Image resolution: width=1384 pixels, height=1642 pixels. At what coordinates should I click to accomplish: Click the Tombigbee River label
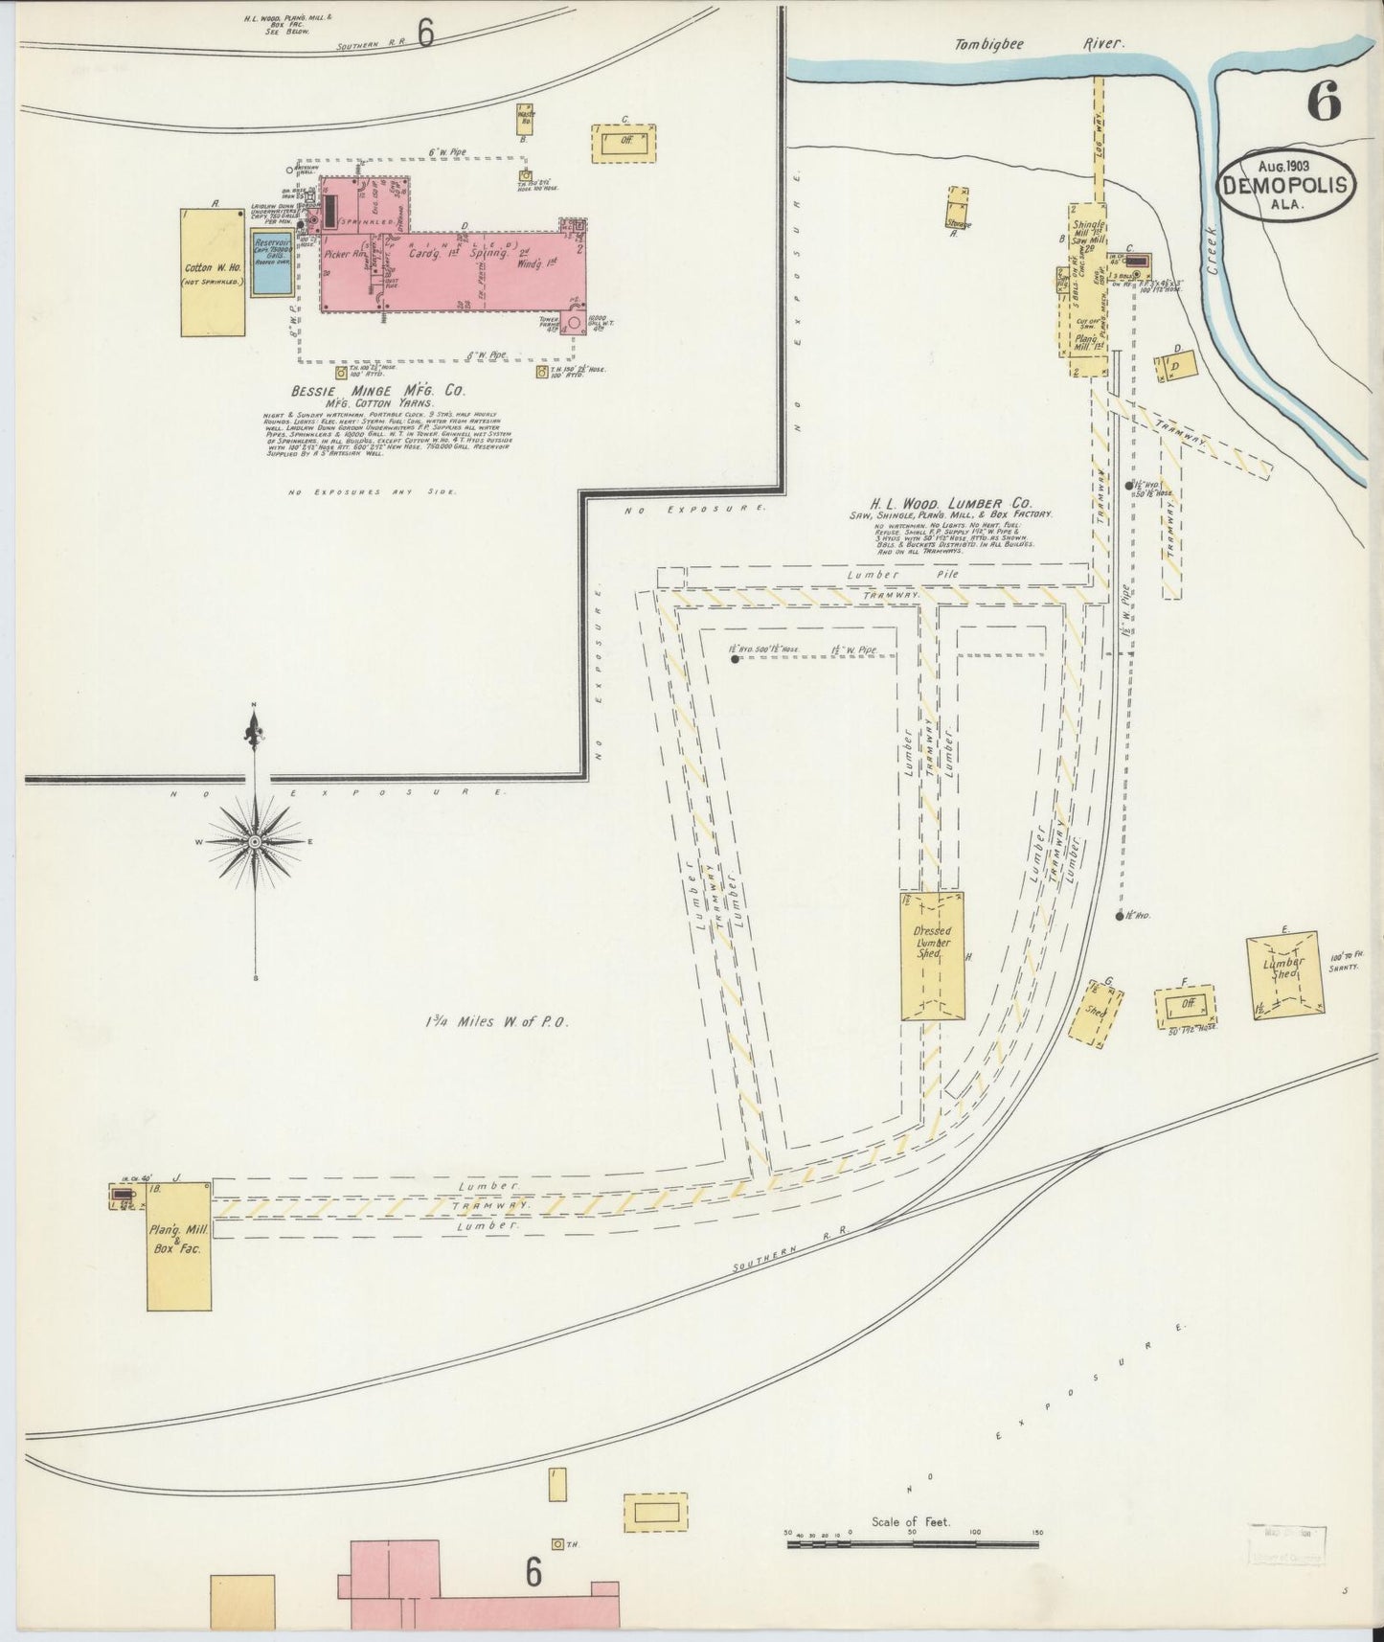(1038, 44)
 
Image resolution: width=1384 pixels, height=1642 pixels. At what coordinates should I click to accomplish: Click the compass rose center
(255, 841)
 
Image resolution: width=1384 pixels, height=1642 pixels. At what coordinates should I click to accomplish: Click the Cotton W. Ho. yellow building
(213, 273)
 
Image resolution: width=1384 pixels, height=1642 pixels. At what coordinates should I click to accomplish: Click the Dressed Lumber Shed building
(932, 955)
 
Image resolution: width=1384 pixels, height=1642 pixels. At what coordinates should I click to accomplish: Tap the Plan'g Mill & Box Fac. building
(178, 1245)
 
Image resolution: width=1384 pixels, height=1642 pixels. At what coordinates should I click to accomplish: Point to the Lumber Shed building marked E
(1284, 975)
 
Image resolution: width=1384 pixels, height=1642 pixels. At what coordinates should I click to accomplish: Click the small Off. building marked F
(1187, 1004)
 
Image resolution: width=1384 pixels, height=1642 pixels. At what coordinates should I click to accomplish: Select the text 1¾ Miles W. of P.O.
(498, 1022)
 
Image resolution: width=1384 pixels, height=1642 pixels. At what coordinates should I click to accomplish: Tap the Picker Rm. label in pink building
(348, 255)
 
